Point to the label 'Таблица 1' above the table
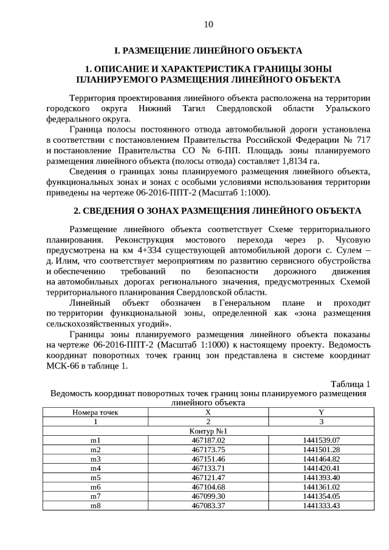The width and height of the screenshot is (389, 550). [350, 383]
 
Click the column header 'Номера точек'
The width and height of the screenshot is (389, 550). [95, 412]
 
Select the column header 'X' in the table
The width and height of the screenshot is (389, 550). [208, 412]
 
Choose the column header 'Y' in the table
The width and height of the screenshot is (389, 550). [320, 412]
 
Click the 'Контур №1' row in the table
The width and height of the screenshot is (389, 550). [208, 431]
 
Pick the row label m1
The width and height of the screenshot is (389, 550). [95, 440]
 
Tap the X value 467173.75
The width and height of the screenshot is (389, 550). [208, 450]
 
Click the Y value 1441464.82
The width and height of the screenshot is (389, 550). [320, 459]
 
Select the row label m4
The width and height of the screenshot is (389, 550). [95, 468]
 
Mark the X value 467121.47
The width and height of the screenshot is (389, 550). [208, 478]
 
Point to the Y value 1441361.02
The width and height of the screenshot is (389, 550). [320, 487]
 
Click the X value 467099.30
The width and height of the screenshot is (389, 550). [208, 496]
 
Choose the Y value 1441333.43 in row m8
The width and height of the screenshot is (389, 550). [320, 506]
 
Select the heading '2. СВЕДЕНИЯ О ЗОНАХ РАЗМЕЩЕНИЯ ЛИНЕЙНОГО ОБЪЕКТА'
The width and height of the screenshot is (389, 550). [208, 210]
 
